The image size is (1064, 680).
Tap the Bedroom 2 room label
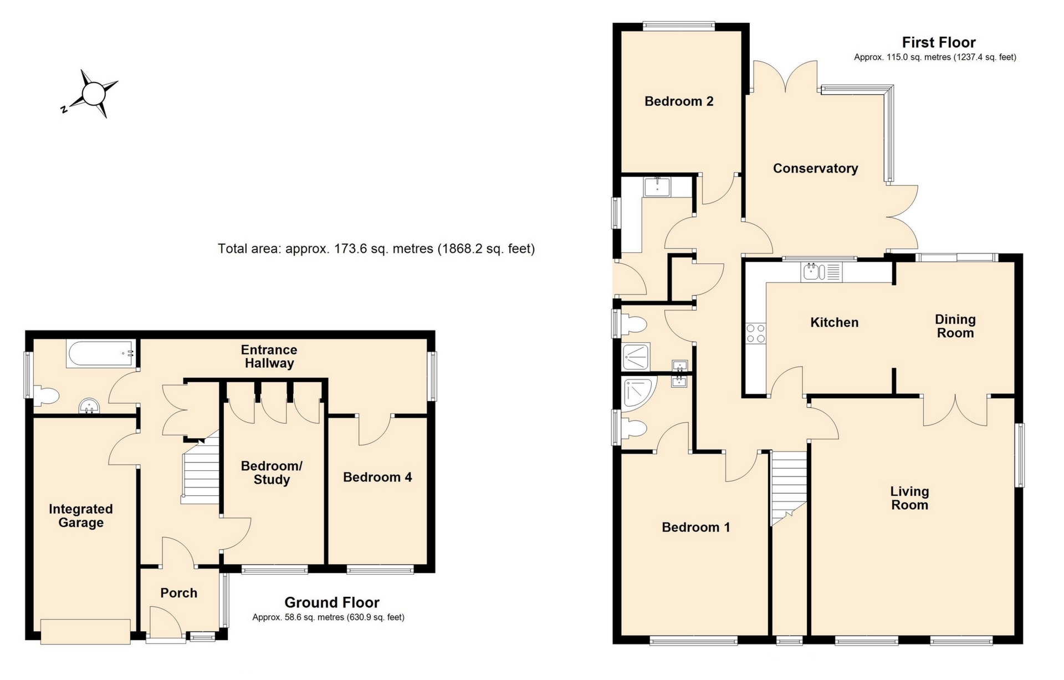678,102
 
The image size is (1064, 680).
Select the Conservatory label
815,169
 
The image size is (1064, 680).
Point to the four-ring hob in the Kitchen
755,333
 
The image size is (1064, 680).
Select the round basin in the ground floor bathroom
89,406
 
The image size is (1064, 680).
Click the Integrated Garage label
81,516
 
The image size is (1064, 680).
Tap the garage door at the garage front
85,632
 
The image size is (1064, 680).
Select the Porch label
178,593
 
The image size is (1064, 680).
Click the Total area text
376,248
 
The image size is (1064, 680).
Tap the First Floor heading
938,43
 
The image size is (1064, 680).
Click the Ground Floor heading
331,602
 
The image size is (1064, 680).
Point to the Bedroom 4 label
377,478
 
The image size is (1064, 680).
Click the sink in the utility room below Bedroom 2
657,186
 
